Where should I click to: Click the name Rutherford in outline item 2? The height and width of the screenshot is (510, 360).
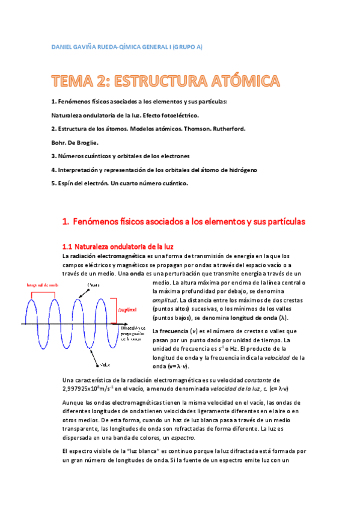223,129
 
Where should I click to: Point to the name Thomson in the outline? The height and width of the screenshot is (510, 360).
186,129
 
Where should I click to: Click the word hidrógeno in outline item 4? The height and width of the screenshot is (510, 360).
240,170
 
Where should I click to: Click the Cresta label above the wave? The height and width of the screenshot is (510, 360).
94,284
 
